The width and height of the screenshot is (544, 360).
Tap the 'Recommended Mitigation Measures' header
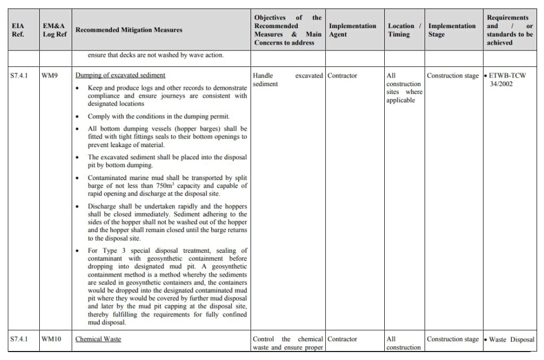(x=128, y=30)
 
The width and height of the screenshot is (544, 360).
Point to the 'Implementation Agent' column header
(x=352, y=30)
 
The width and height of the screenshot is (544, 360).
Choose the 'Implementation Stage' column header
(x=452, y=30)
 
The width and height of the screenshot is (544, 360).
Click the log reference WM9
(x=50, y=76)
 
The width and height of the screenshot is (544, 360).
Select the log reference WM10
(x=51, y=339)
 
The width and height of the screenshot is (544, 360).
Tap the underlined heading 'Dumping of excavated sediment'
(x=120, y=75)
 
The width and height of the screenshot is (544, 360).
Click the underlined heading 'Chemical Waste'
(x=98, y=339)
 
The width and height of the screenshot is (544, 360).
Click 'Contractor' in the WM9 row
(x=342, y=76)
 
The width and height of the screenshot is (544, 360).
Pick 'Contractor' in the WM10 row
(x=342, y=339)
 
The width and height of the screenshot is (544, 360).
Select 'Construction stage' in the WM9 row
(x=453, y=76)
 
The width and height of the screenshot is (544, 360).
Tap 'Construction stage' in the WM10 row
(x=453, y=339)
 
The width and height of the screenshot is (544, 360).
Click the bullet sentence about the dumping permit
(x=159, y=116)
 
